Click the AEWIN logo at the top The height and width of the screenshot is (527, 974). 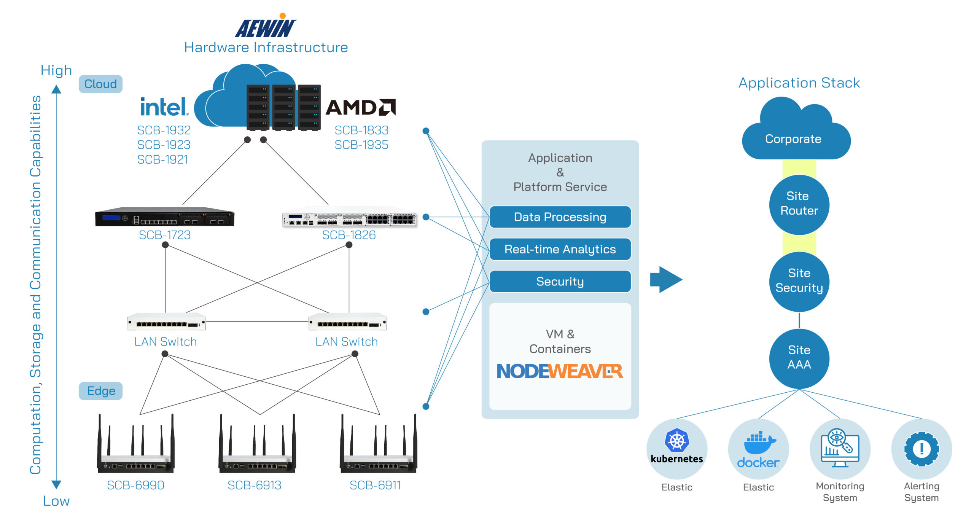[266, 27]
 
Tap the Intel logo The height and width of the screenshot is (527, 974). [164, 107]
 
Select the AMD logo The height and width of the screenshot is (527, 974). [361, 107]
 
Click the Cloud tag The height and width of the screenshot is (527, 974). [100, 84]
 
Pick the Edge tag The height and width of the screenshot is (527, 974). [101, 391]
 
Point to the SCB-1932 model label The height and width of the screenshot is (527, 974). [164, 131]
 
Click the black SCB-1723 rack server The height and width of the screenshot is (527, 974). [165, 217]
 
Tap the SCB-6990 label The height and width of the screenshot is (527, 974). [135, 486]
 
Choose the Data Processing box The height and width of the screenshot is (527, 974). [560, 217]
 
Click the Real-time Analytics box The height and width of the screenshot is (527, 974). [560, 249]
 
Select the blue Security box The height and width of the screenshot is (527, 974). [560, 282]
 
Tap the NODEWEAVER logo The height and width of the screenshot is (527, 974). [560, 371]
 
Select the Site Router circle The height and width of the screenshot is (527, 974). [799, 204]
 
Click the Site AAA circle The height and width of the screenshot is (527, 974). [799, 358]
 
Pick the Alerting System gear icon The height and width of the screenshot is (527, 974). [921, 449]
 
